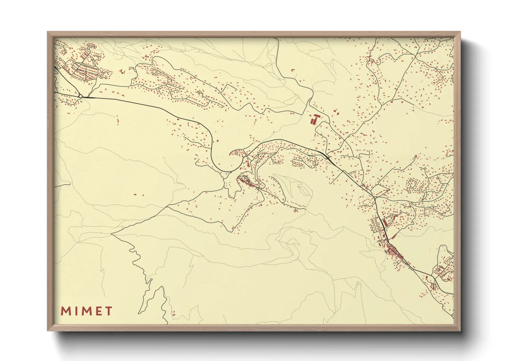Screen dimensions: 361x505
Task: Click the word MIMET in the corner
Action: click(x=87, y=311)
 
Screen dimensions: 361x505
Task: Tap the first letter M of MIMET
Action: click(x=65, y=311)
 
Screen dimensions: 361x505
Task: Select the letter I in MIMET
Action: click(x=75, y=311)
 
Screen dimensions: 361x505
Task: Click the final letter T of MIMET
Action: click(x=109, y=311)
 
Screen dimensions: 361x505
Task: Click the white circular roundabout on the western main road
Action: click(x=80, y=97)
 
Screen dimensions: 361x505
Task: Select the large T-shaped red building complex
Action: click(x=314, y=119)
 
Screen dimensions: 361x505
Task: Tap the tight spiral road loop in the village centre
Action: click(x=244, y=178)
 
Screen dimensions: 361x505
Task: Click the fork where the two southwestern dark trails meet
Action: click(x=112, y=234)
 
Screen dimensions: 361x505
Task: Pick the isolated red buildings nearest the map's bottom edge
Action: click(x=173, y=312)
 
